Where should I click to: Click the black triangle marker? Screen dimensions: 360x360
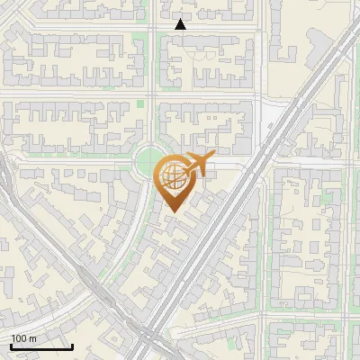[x=180, y=24]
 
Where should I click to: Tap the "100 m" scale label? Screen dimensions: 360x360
[x=23, y=338]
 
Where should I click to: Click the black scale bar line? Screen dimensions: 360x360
[x=41, y=346]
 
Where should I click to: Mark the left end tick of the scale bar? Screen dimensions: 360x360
[x=11, y=345]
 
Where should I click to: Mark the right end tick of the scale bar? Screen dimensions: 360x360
[x=72, y=345]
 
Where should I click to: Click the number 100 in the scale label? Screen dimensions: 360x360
[x=19, y=338]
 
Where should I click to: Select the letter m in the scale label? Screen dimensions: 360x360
[x=32, y=338]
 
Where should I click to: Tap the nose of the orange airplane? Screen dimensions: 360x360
[x=212, y=158]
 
